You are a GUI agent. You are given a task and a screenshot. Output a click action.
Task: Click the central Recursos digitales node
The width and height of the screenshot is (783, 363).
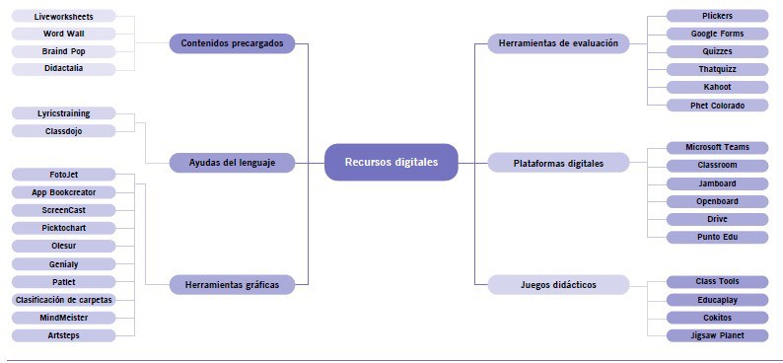click(x=391, y=163)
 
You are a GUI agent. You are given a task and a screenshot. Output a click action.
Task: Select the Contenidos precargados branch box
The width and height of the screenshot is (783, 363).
click(x=232, y=43)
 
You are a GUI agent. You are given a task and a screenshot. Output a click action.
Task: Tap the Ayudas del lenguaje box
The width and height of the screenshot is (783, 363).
click(x=232, y=163)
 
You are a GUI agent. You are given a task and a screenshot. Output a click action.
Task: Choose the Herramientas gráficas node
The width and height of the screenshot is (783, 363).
click(x=232, y=285)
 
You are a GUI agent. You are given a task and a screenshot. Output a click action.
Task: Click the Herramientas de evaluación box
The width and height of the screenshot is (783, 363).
click(x=558, y=43)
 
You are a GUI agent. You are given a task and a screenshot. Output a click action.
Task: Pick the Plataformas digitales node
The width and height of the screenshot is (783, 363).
click(x=558, y=163)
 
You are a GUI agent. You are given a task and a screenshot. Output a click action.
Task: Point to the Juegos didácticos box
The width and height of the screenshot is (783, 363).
click(x=558, y=285)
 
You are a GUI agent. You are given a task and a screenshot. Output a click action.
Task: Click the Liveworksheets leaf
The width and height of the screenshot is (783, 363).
click(x=63, y=17)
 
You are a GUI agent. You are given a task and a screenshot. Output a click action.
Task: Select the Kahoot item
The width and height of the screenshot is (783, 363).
click(x=717, y=87)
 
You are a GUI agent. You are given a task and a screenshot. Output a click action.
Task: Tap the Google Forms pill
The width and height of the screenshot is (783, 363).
click(x=717, y=34)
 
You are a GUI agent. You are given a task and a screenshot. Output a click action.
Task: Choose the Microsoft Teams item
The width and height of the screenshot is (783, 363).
click(x=717, y=147)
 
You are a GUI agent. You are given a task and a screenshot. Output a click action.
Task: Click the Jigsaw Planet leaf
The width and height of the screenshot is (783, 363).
click(x=717, y=335)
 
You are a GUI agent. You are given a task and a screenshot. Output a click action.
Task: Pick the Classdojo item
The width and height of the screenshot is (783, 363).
click(x=63, y=131)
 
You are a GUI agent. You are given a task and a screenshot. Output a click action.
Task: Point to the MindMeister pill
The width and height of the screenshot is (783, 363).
click(x=63, y=318)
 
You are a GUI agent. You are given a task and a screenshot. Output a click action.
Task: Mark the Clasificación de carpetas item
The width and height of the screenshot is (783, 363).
click(x=63, y=300)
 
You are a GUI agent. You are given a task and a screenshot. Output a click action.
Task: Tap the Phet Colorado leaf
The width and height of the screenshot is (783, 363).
click(x=717, y=106)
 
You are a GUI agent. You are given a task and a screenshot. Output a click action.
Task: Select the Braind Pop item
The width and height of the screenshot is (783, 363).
click(x=63, y=51)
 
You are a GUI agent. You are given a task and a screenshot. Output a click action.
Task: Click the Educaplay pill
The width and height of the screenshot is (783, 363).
click(x=717, y=300)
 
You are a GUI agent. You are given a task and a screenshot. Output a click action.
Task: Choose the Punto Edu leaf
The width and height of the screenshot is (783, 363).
click(x=717, y=237)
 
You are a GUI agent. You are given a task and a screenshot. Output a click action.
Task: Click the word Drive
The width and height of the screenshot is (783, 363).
click(x=717, y=219)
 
